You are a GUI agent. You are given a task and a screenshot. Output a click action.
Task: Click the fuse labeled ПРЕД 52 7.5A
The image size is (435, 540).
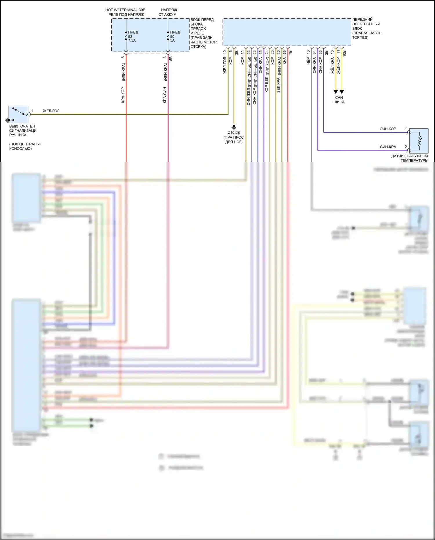[126, 36]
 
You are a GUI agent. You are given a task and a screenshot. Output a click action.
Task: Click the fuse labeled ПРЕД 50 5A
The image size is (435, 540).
[168, 36]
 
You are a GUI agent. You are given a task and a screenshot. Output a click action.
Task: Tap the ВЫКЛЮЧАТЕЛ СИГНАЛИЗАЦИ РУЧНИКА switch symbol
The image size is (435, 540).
[18, 114]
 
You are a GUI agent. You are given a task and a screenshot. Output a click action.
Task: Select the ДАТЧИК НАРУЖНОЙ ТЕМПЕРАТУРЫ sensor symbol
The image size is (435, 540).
[418, 141]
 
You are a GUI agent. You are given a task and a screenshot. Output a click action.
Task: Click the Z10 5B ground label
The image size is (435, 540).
[234, 133]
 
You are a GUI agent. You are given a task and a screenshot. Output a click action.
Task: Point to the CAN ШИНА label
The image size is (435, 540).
[339, 100]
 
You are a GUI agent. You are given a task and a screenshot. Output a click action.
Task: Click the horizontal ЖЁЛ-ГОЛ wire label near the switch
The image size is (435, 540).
[51, 111]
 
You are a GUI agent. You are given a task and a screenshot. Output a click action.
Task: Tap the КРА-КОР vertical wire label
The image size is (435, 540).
[123, 95]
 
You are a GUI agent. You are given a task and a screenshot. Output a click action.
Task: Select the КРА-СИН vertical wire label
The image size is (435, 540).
[165, 95]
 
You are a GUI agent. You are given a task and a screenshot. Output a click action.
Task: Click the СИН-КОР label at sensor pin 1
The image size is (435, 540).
[388, 129]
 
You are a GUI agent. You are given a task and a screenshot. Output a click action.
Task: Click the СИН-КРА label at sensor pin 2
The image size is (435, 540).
[388, 147]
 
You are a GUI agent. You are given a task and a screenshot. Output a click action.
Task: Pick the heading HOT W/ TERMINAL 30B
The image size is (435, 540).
[126, 10]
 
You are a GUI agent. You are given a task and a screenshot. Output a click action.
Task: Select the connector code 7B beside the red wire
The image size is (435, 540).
[291, 53]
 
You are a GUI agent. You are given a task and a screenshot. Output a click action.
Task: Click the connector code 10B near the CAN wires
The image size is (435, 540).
[345, 53]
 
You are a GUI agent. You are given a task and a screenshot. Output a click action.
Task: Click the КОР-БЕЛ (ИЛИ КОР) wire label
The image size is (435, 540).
[267, 75]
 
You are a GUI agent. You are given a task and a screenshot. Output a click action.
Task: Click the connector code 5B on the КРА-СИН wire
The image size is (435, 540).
[171, 58]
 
